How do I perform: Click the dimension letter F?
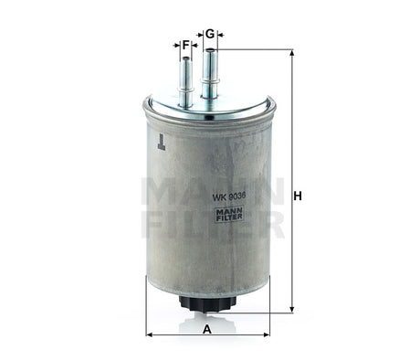[x=185, y=44]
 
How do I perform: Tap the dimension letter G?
[x=210, y=34]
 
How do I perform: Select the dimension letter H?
[x=298, y=196]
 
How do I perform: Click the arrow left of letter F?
[x=174, y=44]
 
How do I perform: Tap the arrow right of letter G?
[x=221, y=34]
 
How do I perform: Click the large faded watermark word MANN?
[x=210, y=191]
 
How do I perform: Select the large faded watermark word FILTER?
[x=210, y=224]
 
